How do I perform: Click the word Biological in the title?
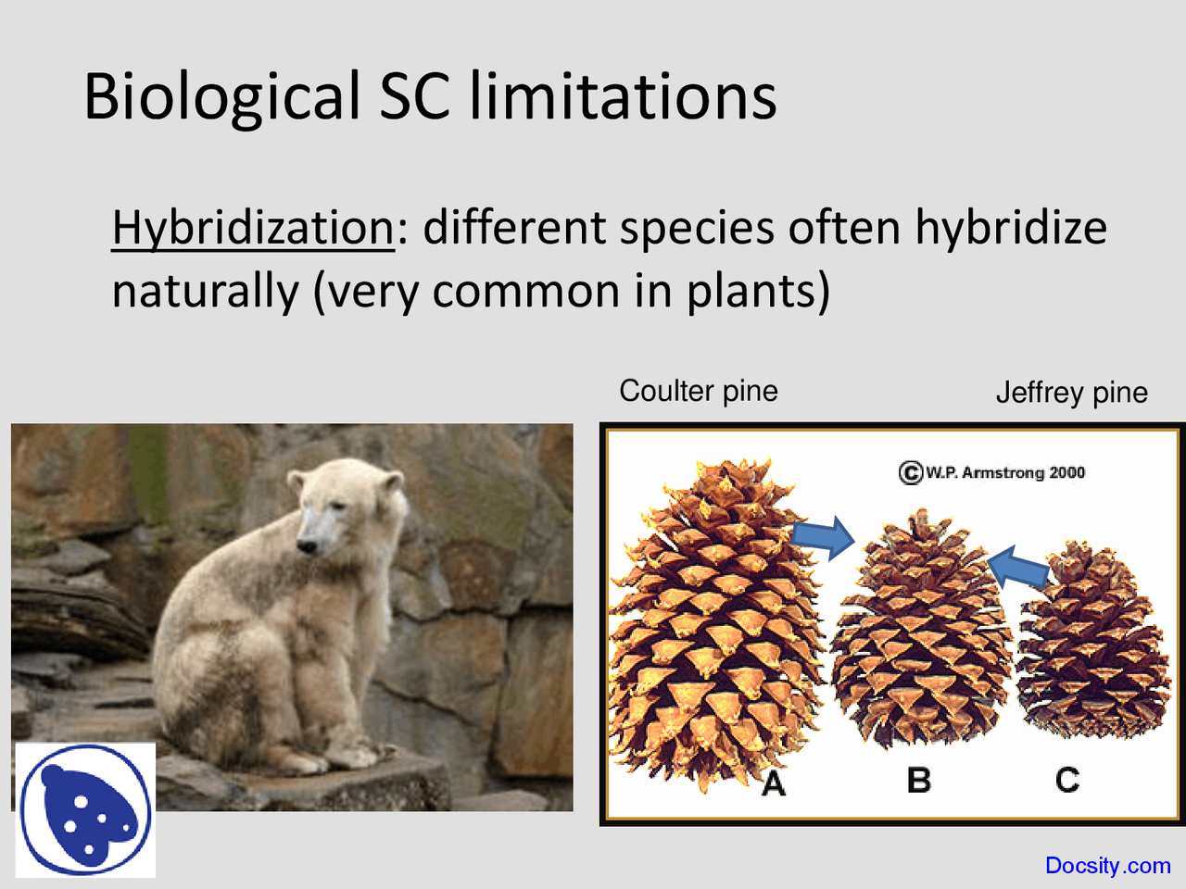[221, 97]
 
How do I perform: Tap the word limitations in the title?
[623, 95]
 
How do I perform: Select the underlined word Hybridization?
[253, 228]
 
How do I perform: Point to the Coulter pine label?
[699, 391]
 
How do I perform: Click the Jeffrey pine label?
[1071, 393]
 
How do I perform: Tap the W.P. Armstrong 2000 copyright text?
[991, 472]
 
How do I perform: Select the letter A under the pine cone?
[773, 784]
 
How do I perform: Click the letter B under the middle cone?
[918, 780]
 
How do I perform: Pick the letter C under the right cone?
[1067, 780]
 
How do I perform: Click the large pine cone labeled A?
[713, 620]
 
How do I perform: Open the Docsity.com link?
[1107, 866]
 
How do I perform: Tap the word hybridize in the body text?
[1011, 228]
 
